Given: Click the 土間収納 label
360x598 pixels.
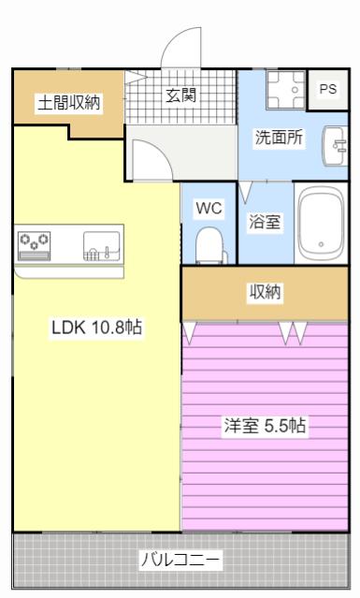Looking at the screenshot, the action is point(69,102).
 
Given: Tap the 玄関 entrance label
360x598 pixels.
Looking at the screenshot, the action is point(181,95).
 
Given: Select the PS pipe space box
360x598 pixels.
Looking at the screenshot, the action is point(328,90).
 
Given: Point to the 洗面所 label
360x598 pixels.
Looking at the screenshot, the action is point(279,138).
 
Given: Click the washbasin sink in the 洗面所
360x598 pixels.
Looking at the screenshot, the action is point(335,146).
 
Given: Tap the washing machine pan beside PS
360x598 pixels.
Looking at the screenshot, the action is point(286,90).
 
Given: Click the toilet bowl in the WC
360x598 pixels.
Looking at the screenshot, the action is point(209,245).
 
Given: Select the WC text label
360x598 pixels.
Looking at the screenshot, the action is point(209,209).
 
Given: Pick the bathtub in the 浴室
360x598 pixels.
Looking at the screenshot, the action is point(321,224).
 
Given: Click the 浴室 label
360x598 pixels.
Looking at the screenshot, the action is point(265,222).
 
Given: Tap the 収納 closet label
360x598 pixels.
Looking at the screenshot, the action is point(265,292).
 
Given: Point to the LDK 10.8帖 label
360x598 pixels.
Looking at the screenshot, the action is point(96,328).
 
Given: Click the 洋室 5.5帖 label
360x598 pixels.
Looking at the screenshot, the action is point(265,426).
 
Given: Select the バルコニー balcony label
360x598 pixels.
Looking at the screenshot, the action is point(180,560).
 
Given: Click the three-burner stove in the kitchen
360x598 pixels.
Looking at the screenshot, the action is point(34,246).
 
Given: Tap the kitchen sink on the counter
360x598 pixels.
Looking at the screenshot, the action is point(102,246).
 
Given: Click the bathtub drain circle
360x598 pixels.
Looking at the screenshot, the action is point(321,244).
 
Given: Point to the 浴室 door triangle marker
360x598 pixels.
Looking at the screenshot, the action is point(245,192).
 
